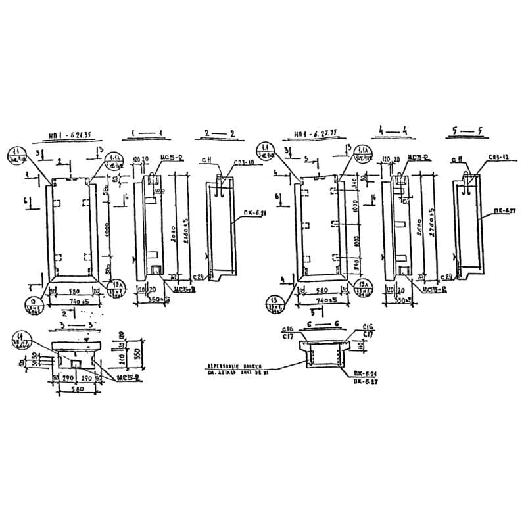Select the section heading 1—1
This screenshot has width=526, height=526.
pyautogui.click(x=146, y=133)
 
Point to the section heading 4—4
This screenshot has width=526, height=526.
pyautogui.click(x=394, y=131)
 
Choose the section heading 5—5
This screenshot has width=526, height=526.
pyautogui.click(x=467, y=131)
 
